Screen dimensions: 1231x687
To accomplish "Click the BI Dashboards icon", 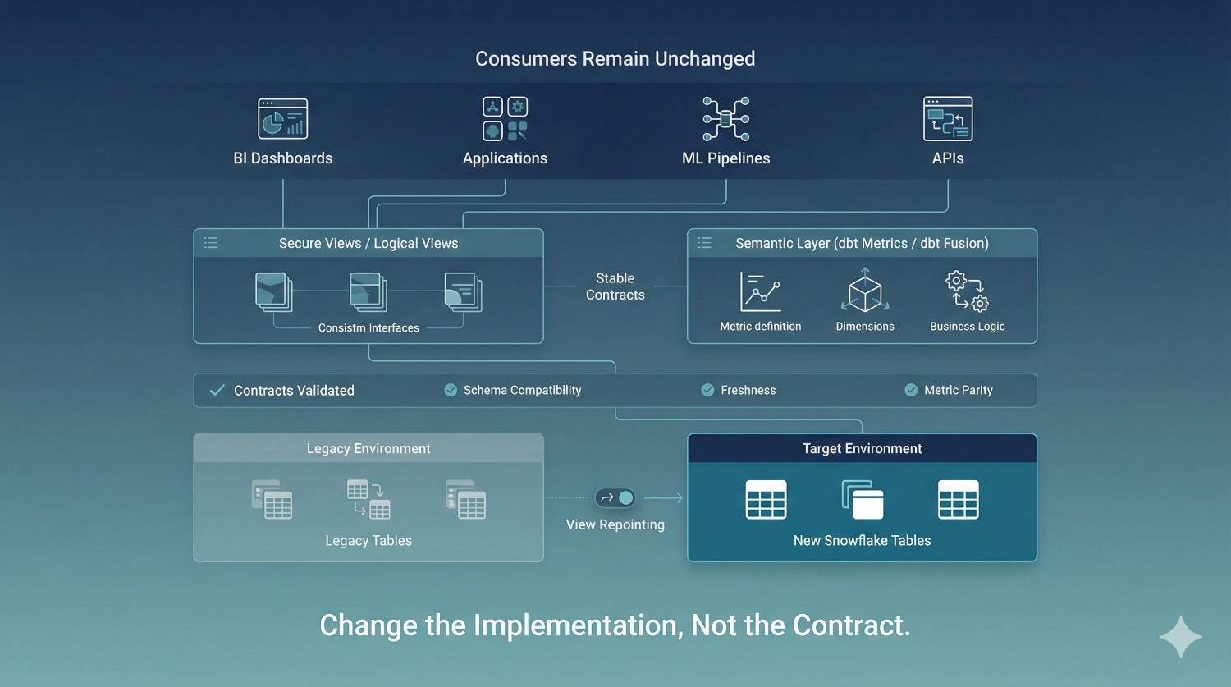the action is pos(283,119).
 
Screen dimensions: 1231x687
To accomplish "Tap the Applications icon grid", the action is pos(505,119).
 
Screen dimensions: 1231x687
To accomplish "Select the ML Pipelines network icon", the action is pos(726,119).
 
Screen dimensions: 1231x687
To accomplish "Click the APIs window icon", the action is pos(948,119).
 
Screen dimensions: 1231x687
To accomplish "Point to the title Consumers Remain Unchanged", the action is pos(615,59).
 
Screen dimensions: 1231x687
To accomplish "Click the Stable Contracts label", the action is pos(615,286).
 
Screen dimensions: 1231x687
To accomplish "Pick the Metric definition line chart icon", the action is pos(760,292).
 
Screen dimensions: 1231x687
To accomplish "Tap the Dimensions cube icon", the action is pos(865,291).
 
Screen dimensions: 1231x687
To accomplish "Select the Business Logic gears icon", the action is pos(968,291).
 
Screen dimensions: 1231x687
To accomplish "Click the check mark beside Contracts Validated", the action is pos(217,390).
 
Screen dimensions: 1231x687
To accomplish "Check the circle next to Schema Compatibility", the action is pos(451,390).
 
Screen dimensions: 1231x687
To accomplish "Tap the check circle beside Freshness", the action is pos(707,390).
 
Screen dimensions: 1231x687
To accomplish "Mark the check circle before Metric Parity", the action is pos(911,390).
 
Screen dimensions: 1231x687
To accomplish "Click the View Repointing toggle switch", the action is pos(615,498).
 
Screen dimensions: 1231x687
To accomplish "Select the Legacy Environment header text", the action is pos(368,448).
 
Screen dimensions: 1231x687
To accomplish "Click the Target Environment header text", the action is pos(863,448).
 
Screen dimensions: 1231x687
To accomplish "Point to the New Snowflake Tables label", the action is pos(863,540).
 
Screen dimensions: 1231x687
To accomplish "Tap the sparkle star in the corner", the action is pos(1181,637).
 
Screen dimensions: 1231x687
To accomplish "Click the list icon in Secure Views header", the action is pos(211,243).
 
